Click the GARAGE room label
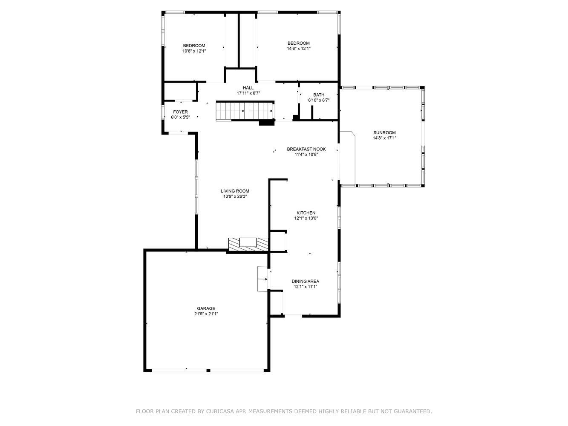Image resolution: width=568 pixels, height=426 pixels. (206, 308)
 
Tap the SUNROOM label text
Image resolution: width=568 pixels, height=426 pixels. (384, 132)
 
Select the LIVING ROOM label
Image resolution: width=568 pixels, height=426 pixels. (235, 191)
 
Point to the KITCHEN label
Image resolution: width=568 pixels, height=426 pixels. (306, 213)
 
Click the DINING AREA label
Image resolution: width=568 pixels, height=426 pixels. (306, 281)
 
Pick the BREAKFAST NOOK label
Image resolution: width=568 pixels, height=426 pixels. (306, 149)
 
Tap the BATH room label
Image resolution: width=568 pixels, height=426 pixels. (319, 95)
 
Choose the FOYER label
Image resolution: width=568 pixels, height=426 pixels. (180, 112)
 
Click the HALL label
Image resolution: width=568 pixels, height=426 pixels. (248, 88)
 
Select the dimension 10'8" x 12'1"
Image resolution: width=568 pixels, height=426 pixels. (194, 51)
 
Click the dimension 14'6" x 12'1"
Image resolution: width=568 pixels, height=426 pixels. (299, 49)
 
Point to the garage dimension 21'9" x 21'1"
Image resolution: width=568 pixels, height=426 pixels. (206, 314)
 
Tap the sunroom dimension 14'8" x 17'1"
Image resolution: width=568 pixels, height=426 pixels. (384, 138)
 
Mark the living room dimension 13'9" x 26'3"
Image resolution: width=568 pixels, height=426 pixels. (235, 196)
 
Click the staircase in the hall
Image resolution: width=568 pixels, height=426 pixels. (245, 111)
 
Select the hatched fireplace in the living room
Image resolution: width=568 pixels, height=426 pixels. (248, 244)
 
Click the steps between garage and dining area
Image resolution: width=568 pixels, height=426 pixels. (262, 279)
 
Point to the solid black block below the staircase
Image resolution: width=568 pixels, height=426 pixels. (267, 123)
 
